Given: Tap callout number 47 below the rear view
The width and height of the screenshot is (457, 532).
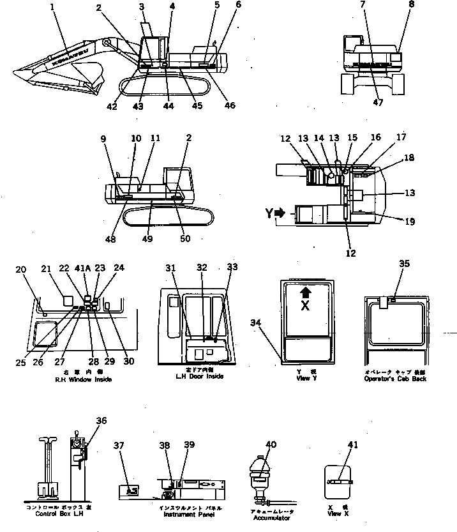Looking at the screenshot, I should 378,103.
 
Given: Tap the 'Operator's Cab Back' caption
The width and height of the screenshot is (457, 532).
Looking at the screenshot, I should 395,379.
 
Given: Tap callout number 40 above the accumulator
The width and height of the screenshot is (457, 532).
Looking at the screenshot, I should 271,445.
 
